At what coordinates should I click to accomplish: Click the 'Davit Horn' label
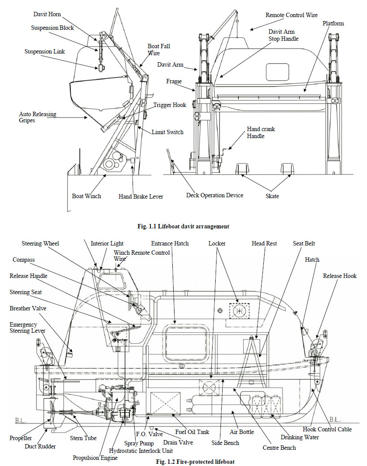tap(48, 14)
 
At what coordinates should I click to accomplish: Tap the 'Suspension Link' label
tap(45, 51)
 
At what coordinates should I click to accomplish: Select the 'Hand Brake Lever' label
tap(141, 197)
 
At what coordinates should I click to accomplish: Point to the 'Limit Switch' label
tap(168, 132)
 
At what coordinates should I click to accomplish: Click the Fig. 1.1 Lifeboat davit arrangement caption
tap(183, 227)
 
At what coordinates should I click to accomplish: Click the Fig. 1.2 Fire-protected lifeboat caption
tap(183, 462)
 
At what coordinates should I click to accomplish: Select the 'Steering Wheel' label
tap(40, 243)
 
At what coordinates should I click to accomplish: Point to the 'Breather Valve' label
tap(28, 308)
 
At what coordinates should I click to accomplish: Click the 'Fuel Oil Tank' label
tap(192, 432)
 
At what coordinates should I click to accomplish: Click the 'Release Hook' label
tap(340, 276)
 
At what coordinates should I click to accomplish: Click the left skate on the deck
tap(242, 169)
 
